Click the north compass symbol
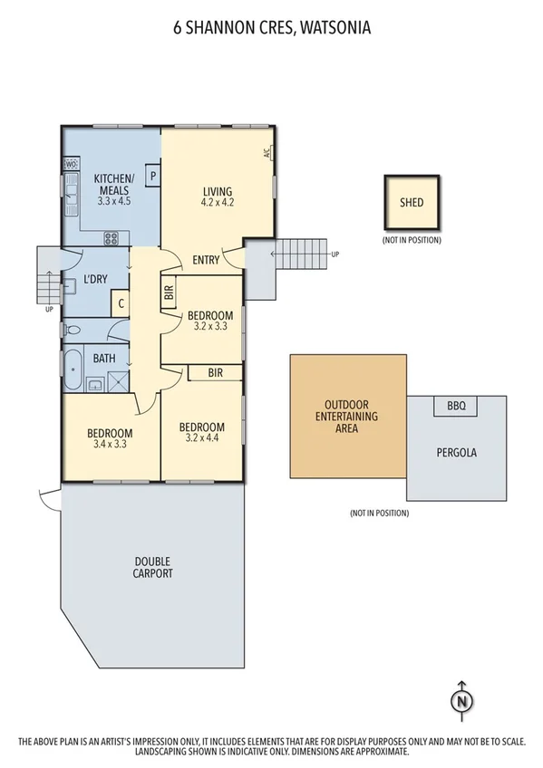tap(461, 699)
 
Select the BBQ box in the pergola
tap(456, 407)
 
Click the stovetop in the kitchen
tap(112, 239)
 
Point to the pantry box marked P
tap(153, 176)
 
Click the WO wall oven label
tap(71, 164)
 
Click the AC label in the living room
tap(267, 153)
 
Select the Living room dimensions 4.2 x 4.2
tap(218, 204)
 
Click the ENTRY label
tap(206, 261)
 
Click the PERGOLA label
tap(456, 451)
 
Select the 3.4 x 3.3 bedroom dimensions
tap(110, 445)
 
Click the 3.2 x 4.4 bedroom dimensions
tap(202, 439)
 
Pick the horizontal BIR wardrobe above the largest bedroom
tap(215, 372)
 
